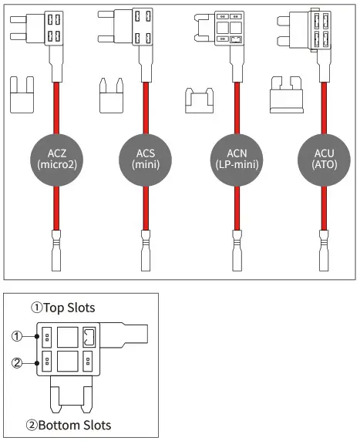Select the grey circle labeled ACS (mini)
[144, 158]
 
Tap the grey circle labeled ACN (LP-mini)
[233, 158]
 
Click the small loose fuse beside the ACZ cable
[23, 96]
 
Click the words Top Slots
[69, 308]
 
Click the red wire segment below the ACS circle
[144, 208]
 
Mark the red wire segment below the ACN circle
[233, 208]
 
